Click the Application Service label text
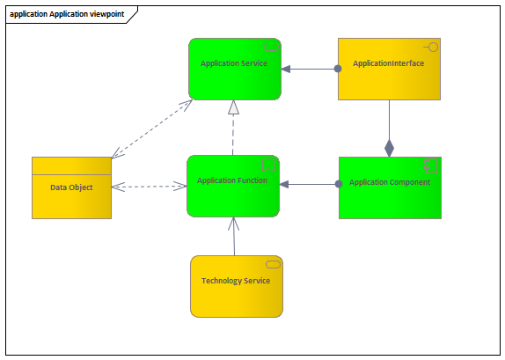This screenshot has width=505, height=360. click(x=234, y=63)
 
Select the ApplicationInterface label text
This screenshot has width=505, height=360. click(x=388, y=63)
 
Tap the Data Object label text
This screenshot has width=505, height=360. click(x=71, y=187)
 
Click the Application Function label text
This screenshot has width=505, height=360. click(x=232, y=180)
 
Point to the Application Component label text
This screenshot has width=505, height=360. click(x=390, y=182)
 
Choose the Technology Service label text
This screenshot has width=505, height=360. click(x=236, y=281)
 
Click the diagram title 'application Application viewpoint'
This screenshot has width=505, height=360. click(x=67, y=14)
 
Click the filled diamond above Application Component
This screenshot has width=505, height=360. click(x=389, y=149)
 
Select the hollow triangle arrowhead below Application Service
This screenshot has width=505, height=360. click(x=233, y=107)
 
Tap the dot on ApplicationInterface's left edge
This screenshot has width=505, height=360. click(x=338, y=69)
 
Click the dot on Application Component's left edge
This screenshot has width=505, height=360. click(x=339, y=184)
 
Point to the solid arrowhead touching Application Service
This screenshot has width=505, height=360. click(x=286, y=69)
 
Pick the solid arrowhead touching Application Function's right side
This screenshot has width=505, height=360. click(x=284, y=184)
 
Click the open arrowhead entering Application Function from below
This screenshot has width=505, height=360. click(x=233, y=224)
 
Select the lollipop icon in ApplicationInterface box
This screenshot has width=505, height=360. click(x=431, y=47)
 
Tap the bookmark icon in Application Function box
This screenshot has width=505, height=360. click(x=268, y=165)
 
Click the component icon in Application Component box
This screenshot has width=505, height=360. click(x=431, y=165)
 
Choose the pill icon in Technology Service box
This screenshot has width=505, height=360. click(x=273, y=265)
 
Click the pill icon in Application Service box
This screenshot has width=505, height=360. click(x=271, y=47)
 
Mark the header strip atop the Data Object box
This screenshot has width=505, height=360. click(x=71, y=166)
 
